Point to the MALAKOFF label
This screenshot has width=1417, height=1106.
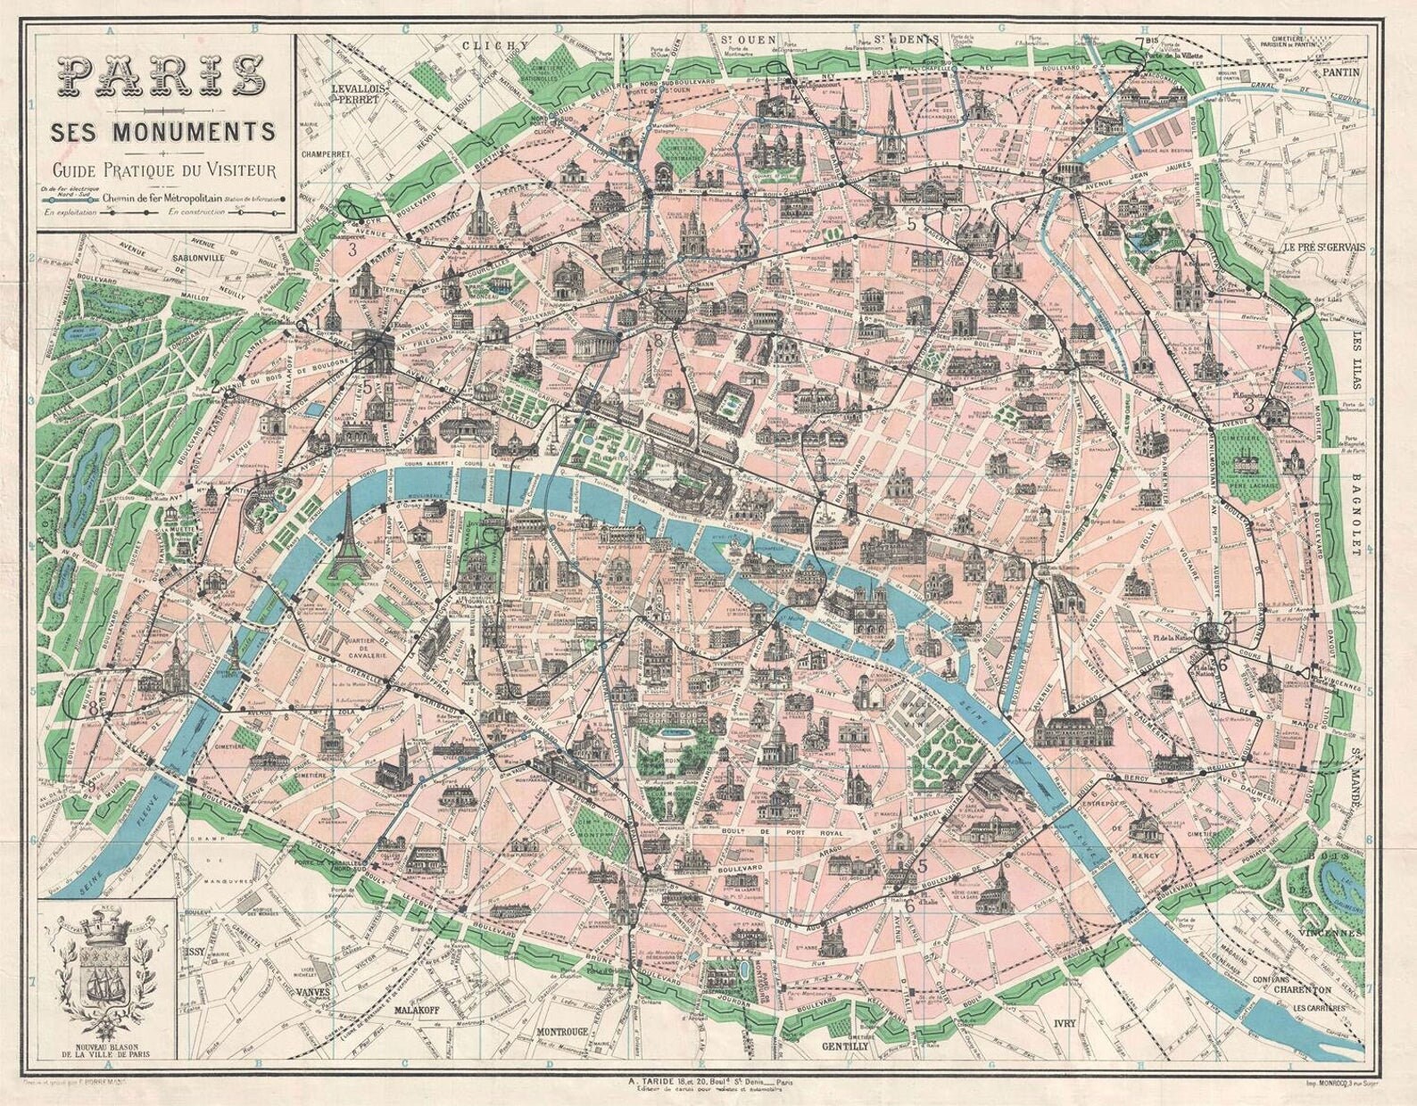point(418,1013)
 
